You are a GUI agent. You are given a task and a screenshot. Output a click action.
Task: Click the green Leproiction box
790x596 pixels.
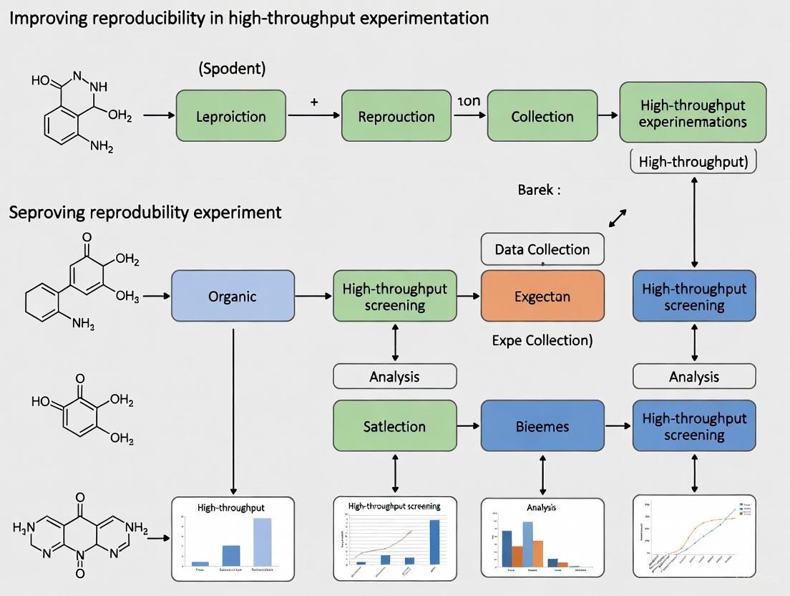click(231, 115)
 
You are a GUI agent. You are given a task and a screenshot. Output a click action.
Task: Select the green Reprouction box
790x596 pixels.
click(396, 115)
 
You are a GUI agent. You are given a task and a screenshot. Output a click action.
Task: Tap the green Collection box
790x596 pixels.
click(542, 115)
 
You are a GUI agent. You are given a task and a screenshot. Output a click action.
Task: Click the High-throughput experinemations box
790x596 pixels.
click(692, 112)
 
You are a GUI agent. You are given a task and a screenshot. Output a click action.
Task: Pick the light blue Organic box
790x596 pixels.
click(233, 295)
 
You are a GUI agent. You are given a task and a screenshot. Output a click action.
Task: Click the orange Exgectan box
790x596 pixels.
click(542, 295)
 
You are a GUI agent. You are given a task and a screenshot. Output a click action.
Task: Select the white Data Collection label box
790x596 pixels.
click(542, 249)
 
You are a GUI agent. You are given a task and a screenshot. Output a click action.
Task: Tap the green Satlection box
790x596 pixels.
click(394, 426)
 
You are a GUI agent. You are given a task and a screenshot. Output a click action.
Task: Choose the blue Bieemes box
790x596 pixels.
click(542, 426)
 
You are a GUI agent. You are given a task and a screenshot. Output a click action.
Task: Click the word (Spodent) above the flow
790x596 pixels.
click(232, 69)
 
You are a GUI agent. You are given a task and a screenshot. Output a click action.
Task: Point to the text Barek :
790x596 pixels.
click(539, 190)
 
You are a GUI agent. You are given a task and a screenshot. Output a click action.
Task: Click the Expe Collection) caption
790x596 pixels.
click(542, 340)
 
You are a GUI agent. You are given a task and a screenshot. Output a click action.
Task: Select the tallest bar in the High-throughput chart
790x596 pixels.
click(262, 541)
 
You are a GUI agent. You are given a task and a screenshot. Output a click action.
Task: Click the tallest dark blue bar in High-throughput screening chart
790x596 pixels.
click(434, 542)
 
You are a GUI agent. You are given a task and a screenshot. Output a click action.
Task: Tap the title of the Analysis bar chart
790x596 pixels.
click(541, 507)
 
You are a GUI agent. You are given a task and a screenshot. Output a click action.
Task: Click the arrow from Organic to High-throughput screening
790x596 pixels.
click(313, 295)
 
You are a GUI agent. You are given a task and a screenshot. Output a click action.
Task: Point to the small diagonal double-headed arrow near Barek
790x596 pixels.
click(618, 218)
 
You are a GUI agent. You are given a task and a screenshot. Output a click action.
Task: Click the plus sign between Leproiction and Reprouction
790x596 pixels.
click(314, 102)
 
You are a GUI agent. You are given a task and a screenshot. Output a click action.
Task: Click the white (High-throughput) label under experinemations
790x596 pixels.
click(693, 161)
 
